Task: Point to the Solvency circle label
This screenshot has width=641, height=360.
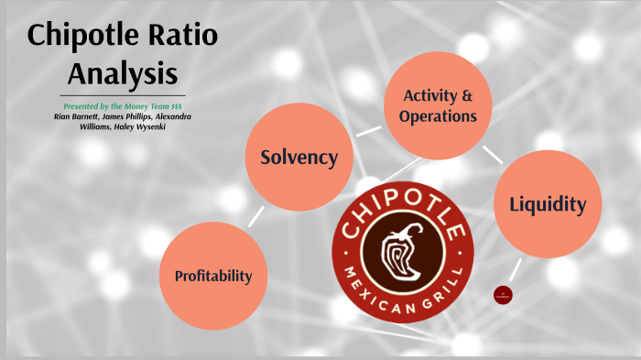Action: pyautogui.click(x=299, y=157)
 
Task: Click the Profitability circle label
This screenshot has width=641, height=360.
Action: pyautogui.click(x=213, y=275)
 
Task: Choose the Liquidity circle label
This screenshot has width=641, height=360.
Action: pyautogui.click(x=548, y=203)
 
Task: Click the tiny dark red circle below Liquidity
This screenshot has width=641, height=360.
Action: pyautogui.click(x=503, y=294)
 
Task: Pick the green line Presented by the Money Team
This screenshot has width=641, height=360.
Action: pyautogui.click(x=123, y=106)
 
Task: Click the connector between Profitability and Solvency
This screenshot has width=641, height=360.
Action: pyautogui.click(x=255, y=216)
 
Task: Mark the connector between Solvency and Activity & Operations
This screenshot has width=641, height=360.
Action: pyautogui.click(x=369, y=132)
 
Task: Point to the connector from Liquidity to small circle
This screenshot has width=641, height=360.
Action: pyautogui.click(x=516, y=269)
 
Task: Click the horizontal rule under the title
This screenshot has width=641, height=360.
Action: pyautogui.click(x=123, y=95)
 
